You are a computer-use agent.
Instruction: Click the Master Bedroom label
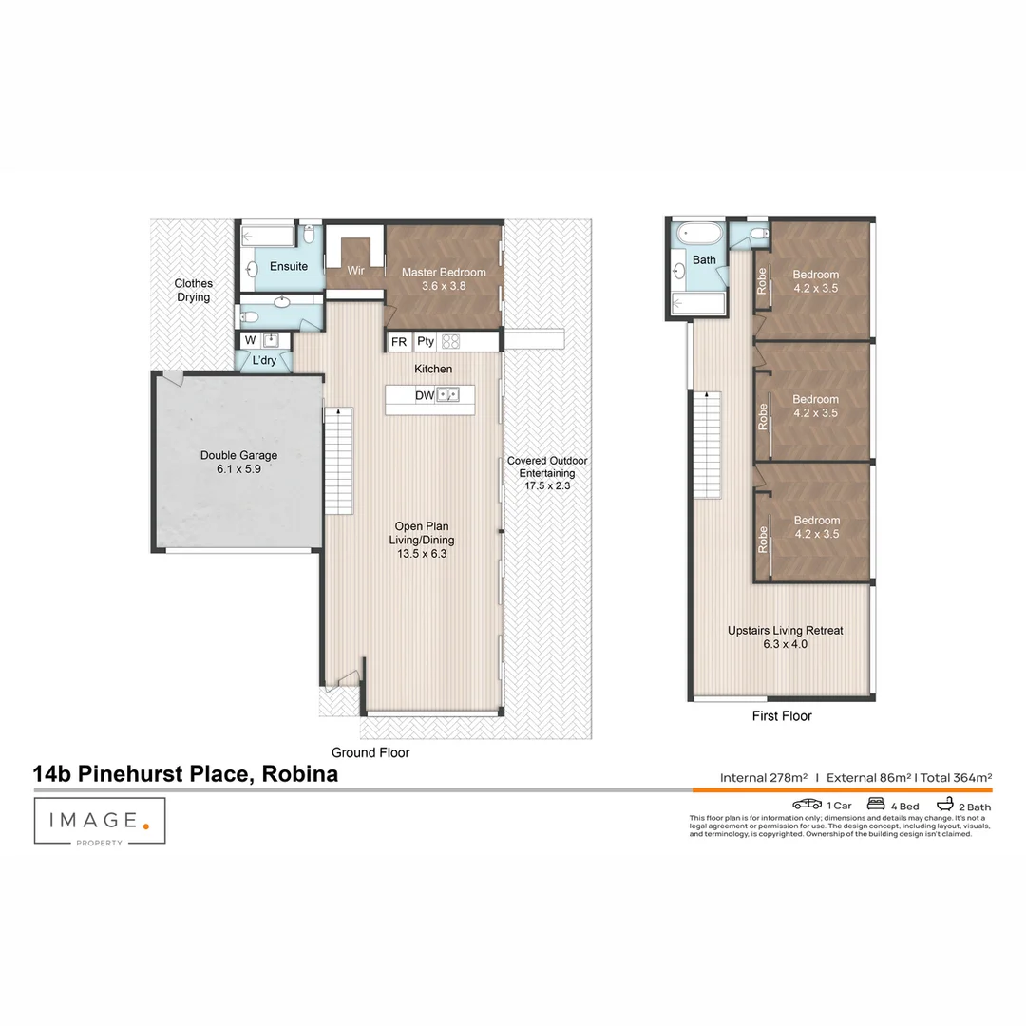(443, 272)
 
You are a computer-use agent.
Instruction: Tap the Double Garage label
(238, 456)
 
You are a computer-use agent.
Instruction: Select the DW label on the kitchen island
(425, 395)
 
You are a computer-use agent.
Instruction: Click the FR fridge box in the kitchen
(399, 342)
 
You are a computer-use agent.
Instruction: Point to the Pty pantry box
(426, 342)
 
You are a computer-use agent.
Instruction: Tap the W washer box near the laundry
(250, 340)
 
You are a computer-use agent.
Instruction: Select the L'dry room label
(264, 361)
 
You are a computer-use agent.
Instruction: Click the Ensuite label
(288, 266)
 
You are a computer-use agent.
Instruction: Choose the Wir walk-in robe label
(355, 271)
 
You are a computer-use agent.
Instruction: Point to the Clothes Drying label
(193, 290)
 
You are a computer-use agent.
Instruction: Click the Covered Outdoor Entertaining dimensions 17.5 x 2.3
(546, 485)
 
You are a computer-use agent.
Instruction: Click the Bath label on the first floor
(704, 259)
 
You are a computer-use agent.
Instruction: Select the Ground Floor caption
(370, 752)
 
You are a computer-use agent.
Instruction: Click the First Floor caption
(782, 716)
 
